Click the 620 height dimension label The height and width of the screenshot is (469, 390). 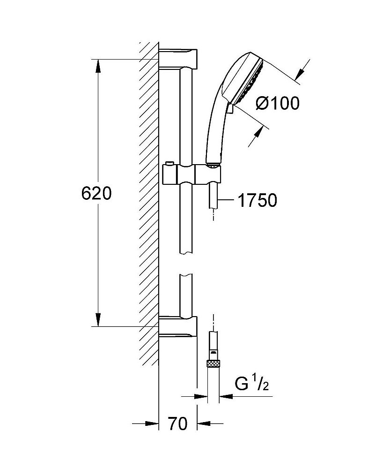click(96, 193)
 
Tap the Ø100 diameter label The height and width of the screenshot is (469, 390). click(278, 103)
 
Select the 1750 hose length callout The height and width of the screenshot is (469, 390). click(258, 200)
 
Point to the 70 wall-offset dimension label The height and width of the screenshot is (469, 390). click(178, 424)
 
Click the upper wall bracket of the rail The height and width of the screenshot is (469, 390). click(178, 58)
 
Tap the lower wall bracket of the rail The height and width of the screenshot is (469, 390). click(178, 326)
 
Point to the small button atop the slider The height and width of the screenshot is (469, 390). click(169, 163)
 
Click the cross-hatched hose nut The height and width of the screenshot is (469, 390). click(213, 364)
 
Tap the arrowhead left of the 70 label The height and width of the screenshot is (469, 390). click(152, 424)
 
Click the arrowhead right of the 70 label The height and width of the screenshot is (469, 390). click(203, 424)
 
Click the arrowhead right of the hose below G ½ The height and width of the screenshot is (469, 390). click(226, 397)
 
